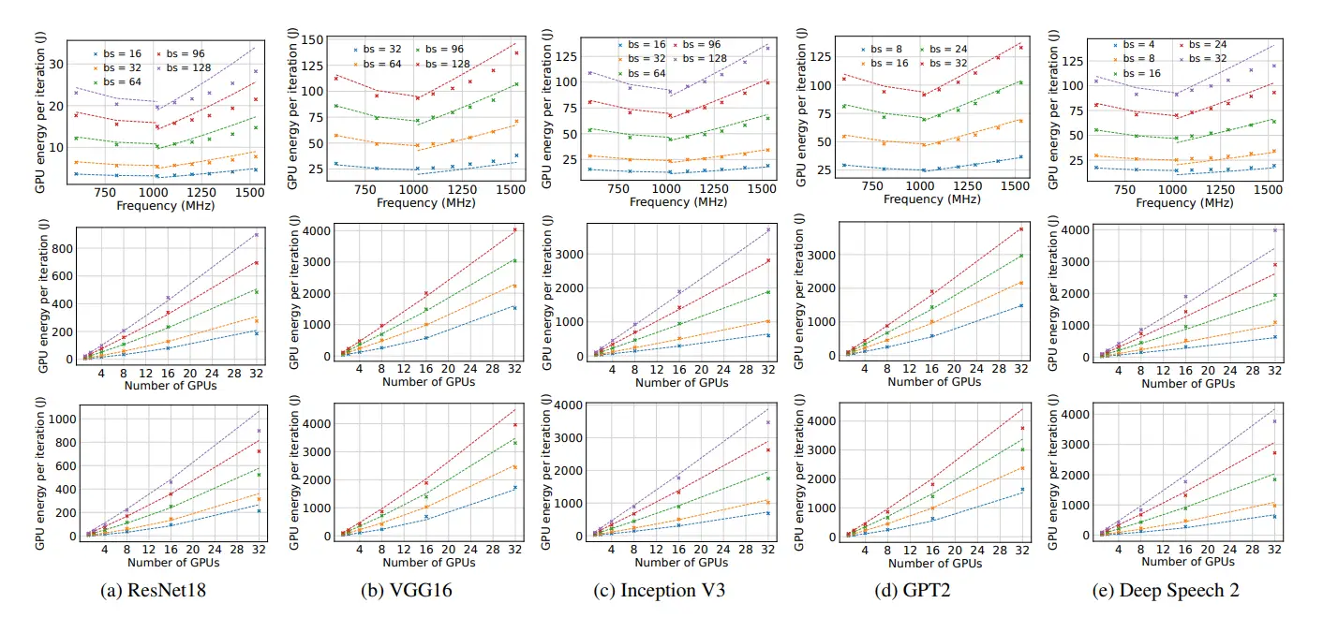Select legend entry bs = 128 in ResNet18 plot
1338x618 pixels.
(185, 68)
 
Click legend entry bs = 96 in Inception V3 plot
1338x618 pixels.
(702, 44)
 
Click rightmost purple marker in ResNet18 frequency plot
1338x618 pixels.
(254, 71)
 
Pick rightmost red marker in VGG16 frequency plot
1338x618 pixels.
(515, 53)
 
